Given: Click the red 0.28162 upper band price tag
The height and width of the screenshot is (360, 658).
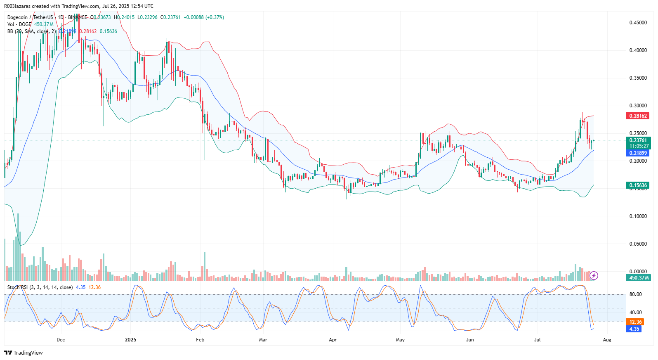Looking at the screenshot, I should [638, 116].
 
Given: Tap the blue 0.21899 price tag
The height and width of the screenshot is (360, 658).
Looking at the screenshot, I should [638, 153].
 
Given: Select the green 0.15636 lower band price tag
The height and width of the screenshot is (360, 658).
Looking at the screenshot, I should [638, 185].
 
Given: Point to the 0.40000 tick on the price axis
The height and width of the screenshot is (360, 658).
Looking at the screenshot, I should [638, 50].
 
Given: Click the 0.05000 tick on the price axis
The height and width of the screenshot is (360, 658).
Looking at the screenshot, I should [638, 244].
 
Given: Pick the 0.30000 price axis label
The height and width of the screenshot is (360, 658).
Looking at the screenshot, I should [638, 106].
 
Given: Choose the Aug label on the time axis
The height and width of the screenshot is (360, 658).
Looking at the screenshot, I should [607, 340].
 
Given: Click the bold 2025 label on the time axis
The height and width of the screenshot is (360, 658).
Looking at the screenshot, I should [130, 340].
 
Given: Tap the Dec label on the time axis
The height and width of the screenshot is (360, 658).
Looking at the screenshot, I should [61, 340].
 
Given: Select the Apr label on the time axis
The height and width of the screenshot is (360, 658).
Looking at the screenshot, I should [333, 340].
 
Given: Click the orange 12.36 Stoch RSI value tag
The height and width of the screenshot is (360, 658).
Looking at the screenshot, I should [635, 322].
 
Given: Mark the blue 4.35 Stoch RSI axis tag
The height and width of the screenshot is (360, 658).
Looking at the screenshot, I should [634, 329].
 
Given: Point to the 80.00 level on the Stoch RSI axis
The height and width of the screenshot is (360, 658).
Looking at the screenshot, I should [635, 294].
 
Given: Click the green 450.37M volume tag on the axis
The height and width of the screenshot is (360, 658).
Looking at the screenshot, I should [639, 278].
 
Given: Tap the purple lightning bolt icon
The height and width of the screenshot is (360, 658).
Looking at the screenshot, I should [594, 275].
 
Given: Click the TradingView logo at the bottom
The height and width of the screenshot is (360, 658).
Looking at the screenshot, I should [24, 353].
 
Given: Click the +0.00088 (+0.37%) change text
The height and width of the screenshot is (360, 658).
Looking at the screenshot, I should [204, 17].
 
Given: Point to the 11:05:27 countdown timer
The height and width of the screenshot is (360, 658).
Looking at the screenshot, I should [639, 146].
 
